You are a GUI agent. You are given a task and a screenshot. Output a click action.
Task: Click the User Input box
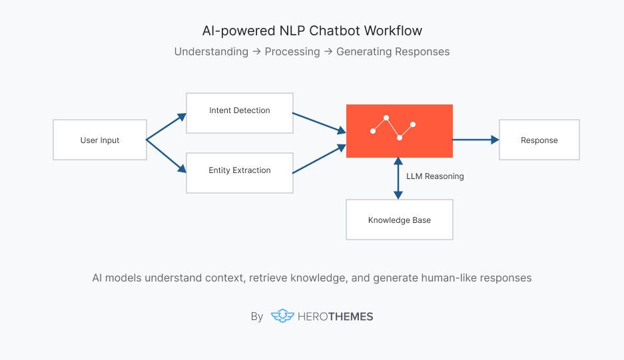tap(100, 140)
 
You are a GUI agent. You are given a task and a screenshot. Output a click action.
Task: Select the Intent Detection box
tap(240, 110)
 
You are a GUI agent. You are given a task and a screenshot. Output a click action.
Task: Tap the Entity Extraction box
tap(240, 171)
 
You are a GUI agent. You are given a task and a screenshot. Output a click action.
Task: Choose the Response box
tap(539, 140)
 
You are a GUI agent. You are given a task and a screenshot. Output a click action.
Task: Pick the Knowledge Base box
tap(400, 220)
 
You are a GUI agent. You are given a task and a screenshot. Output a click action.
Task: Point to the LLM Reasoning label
tap(435, 176)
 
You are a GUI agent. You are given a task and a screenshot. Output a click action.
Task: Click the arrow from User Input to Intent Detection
tap(166, 126)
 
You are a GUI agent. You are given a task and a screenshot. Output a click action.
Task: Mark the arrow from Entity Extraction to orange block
tap(318, 159)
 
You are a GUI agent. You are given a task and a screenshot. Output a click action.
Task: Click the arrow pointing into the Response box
tap(475, 140)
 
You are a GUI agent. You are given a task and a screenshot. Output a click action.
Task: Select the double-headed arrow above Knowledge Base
tap(398, 178)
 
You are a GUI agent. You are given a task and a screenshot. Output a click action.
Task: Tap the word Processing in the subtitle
tap(292, 52)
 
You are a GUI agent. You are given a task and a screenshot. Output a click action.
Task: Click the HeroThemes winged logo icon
tap(282, 317)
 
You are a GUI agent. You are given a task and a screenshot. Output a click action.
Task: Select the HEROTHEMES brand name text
tap(336, 317)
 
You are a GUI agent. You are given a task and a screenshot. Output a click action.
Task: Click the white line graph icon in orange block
tap(393, 128)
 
